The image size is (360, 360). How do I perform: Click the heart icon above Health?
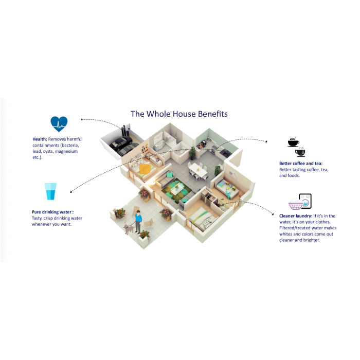point(59,124)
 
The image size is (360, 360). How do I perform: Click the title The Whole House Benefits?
point(179,114)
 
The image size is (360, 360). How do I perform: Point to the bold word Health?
point(39,139)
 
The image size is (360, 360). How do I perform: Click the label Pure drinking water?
point(52,212)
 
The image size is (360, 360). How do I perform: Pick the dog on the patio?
point(128,228)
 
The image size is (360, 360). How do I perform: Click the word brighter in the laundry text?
point(310,240)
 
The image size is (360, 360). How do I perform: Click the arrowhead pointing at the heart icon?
point(82,119)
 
